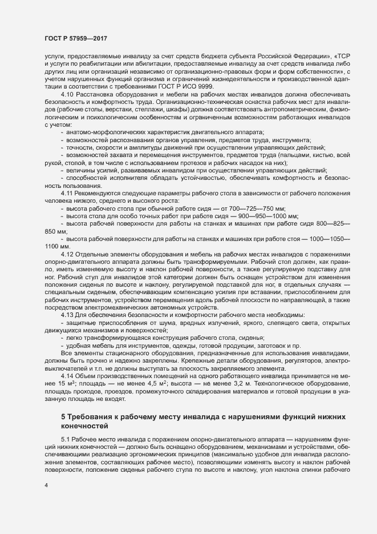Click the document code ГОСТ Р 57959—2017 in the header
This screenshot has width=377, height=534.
click(76, 38)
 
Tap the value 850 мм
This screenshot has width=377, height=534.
click(56, 232)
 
